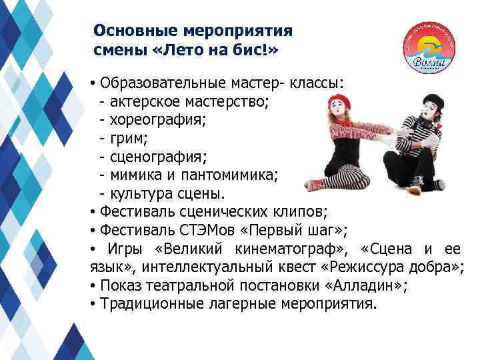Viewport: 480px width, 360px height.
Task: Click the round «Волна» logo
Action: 430,47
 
